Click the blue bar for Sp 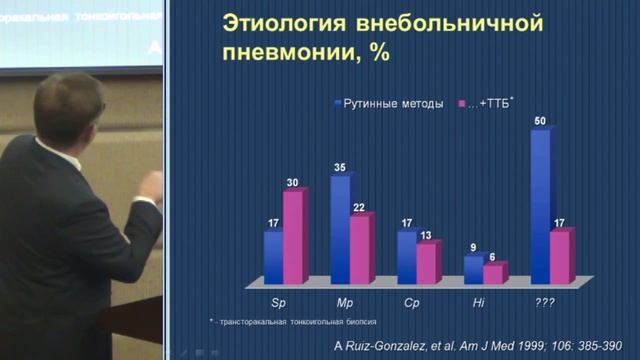coord(273,256)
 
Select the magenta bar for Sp coord(294,236)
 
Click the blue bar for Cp coord(406,256)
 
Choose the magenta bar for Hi coord(493,273)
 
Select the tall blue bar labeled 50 coord(540,205)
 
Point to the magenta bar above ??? coord(560,258)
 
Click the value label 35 coord(341,168)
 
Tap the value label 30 coord(293,182)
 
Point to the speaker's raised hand coord(152,186)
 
